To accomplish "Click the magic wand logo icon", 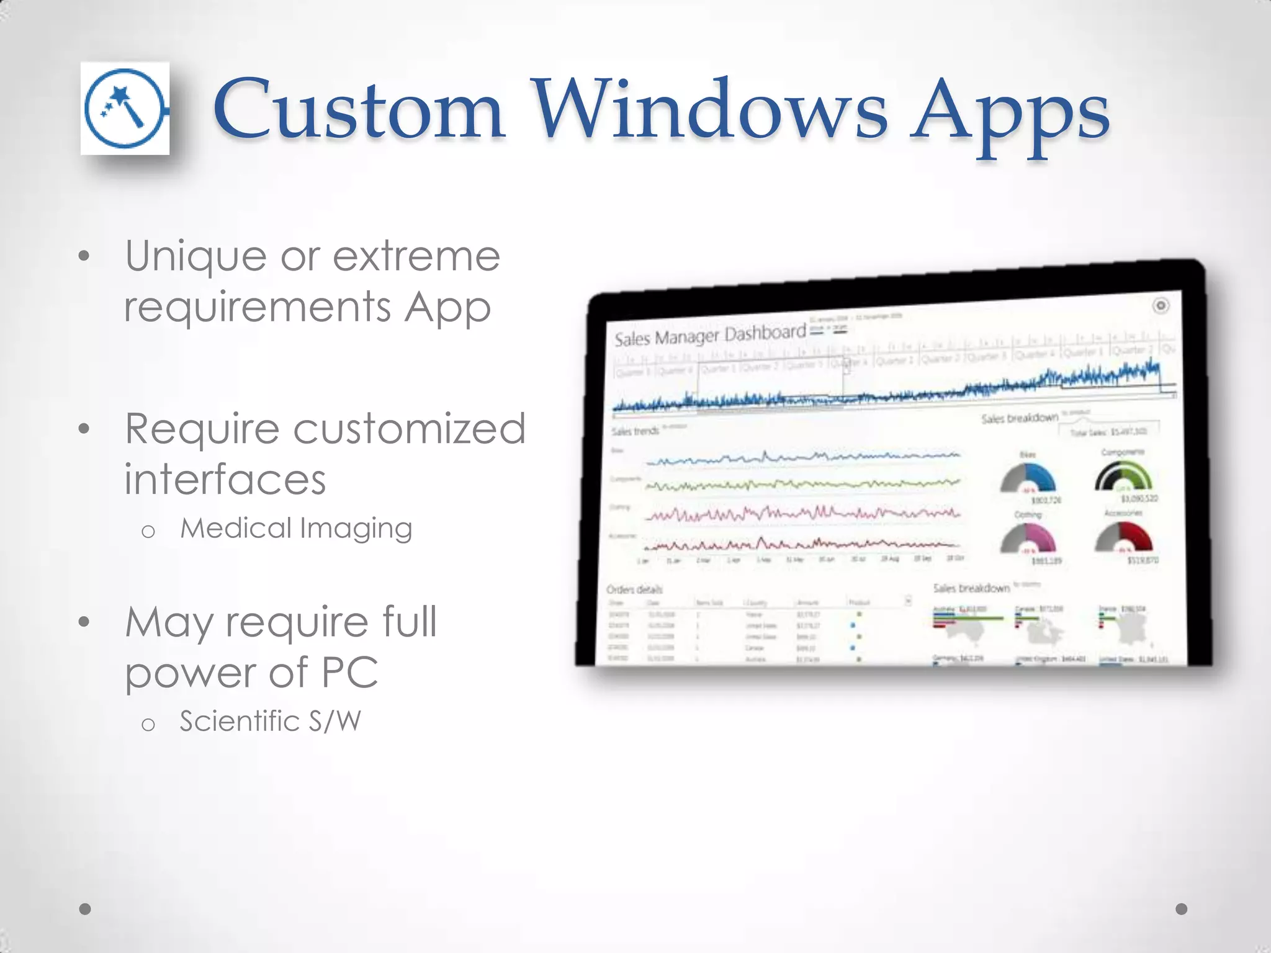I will coord(125,109).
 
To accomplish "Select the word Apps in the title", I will coord(1009,115).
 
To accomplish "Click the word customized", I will coord(410,429).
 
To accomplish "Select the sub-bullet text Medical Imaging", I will coord(296,529).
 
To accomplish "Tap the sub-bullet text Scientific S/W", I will coord(270,722).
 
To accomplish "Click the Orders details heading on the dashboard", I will coord(634,589).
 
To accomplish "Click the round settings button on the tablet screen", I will coord(1161,305).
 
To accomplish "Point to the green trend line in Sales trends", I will coord(802,485).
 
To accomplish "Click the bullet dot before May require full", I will coord(85,622).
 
